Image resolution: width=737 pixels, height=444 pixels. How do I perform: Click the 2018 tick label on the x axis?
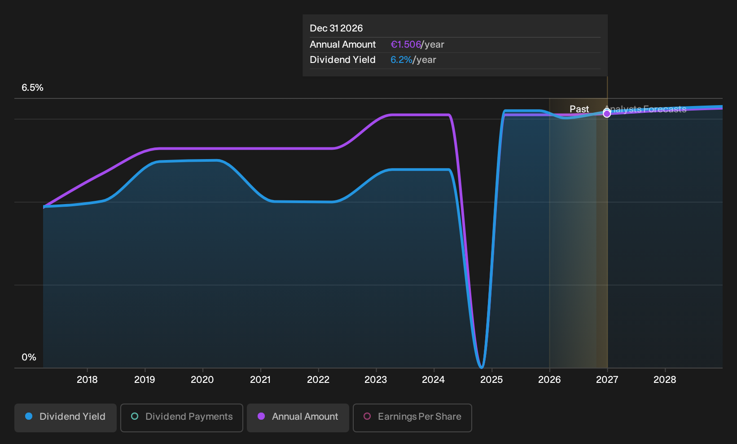click(x=87, y=380)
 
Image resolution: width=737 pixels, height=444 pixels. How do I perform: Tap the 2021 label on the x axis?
click(x=260, y=380)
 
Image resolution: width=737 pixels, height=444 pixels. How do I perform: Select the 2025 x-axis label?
click(x=491, y=380)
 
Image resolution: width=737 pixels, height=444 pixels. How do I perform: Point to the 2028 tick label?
click(x=665, y=380)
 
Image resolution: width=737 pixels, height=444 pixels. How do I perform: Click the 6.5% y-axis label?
click(x=32, y=88)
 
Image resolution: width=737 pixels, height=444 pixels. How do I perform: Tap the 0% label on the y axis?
click(x=29, y=357)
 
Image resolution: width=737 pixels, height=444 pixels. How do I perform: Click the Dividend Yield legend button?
click(x=66, y=417)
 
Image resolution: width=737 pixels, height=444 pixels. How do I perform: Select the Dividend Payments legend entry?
click(x=182, y=417)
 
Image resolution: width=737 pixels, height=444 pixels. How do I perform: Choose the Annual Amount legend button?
click(x=298, y=417)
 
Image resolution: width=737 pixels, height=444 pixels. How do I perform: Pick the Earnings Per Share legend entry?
click(x=412, y=417)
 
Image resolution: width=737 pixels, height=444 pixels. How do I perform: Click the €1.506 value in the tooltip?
click(x=406, y=44)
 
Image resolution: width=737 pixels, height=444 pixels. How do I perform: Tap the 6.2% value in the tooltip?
click(x=401, y=60)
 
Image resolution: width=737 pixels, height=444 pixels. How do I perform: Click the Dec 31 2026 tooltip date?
click(x=336, y=28)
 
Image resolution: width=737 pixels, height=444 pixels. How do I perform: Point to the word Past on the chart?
click(x=579, y=109)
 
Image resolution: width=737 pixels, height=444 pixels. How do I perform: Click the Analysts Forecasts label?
click(x=645, y=109)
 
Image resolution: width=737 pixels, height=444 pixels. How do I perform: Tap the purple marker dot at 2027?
click(x=607, y=114)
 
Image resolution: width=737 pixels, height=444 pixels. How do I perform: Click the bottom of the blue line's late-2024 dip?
click(x=481, y=367)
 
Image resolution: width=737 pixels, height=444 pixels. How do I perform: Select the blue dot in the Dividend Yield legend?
click(x=29, y=416)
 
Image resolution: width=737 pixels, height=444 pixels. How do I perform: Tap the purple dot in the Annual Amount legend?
click(x=261, y=416)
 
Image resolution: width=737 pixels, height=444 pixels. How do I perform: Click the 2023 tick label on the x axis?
click(x=376, y=380)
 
